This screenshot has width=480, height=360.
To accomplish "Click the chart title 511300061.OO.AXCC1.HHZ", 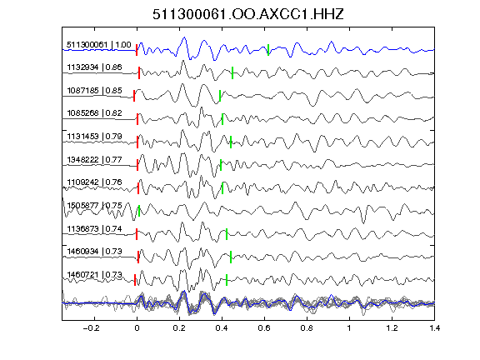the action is pos(248,14).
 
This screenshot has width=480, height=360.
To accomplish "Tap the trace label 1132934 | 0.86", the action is pos(94,67).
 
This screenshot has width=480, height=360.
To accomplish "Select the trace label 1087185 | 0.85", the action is pos(94,91).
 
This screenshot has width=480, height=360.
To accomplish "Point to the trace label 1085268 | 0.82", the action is pos(94,113).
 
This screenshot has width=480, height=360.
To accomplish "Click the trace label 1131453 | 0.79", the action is pos(94,136).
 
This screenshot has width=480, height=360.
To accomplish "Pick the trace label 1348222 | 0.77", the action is pos(94,159).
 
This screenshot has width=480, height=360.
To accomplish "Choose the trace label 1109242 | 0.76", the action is pos(94,182).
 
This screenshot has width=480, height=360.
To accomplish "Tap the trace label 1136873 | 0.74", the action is pos(94,228).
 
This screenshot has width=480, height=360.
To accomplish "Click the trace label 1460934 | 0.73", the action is pos(94,252).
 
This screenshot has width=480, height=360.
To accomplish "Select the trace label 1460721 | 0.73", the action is pos(94,275).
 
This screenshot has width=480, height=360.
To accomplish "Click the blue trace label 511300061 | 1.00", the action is pos(99,45).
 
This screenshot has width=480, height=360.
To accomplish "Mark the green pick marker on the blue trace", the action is pos(268,50).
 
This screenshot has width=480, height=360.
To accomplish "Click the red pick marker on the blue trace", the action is pos(137,50).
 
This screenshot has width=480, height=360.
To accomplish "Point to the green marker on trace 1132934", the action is pos(232,72).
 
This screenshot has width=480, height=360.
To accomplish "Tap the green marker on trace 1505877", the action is pos(139,211).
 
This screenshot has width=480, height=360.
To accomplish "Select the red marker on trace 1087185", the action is pos(134,96).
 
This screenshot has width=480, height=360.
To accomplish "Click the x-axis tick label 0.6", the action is pos(264,328).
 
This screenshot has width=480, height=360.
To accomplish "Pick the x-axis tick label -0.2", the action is pos(92,328).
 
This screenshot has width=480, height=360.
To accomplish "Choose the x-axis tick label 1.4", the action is pos(434,328).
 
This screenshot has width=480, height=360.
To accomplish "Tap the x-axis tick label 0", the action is pos(137,328).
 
